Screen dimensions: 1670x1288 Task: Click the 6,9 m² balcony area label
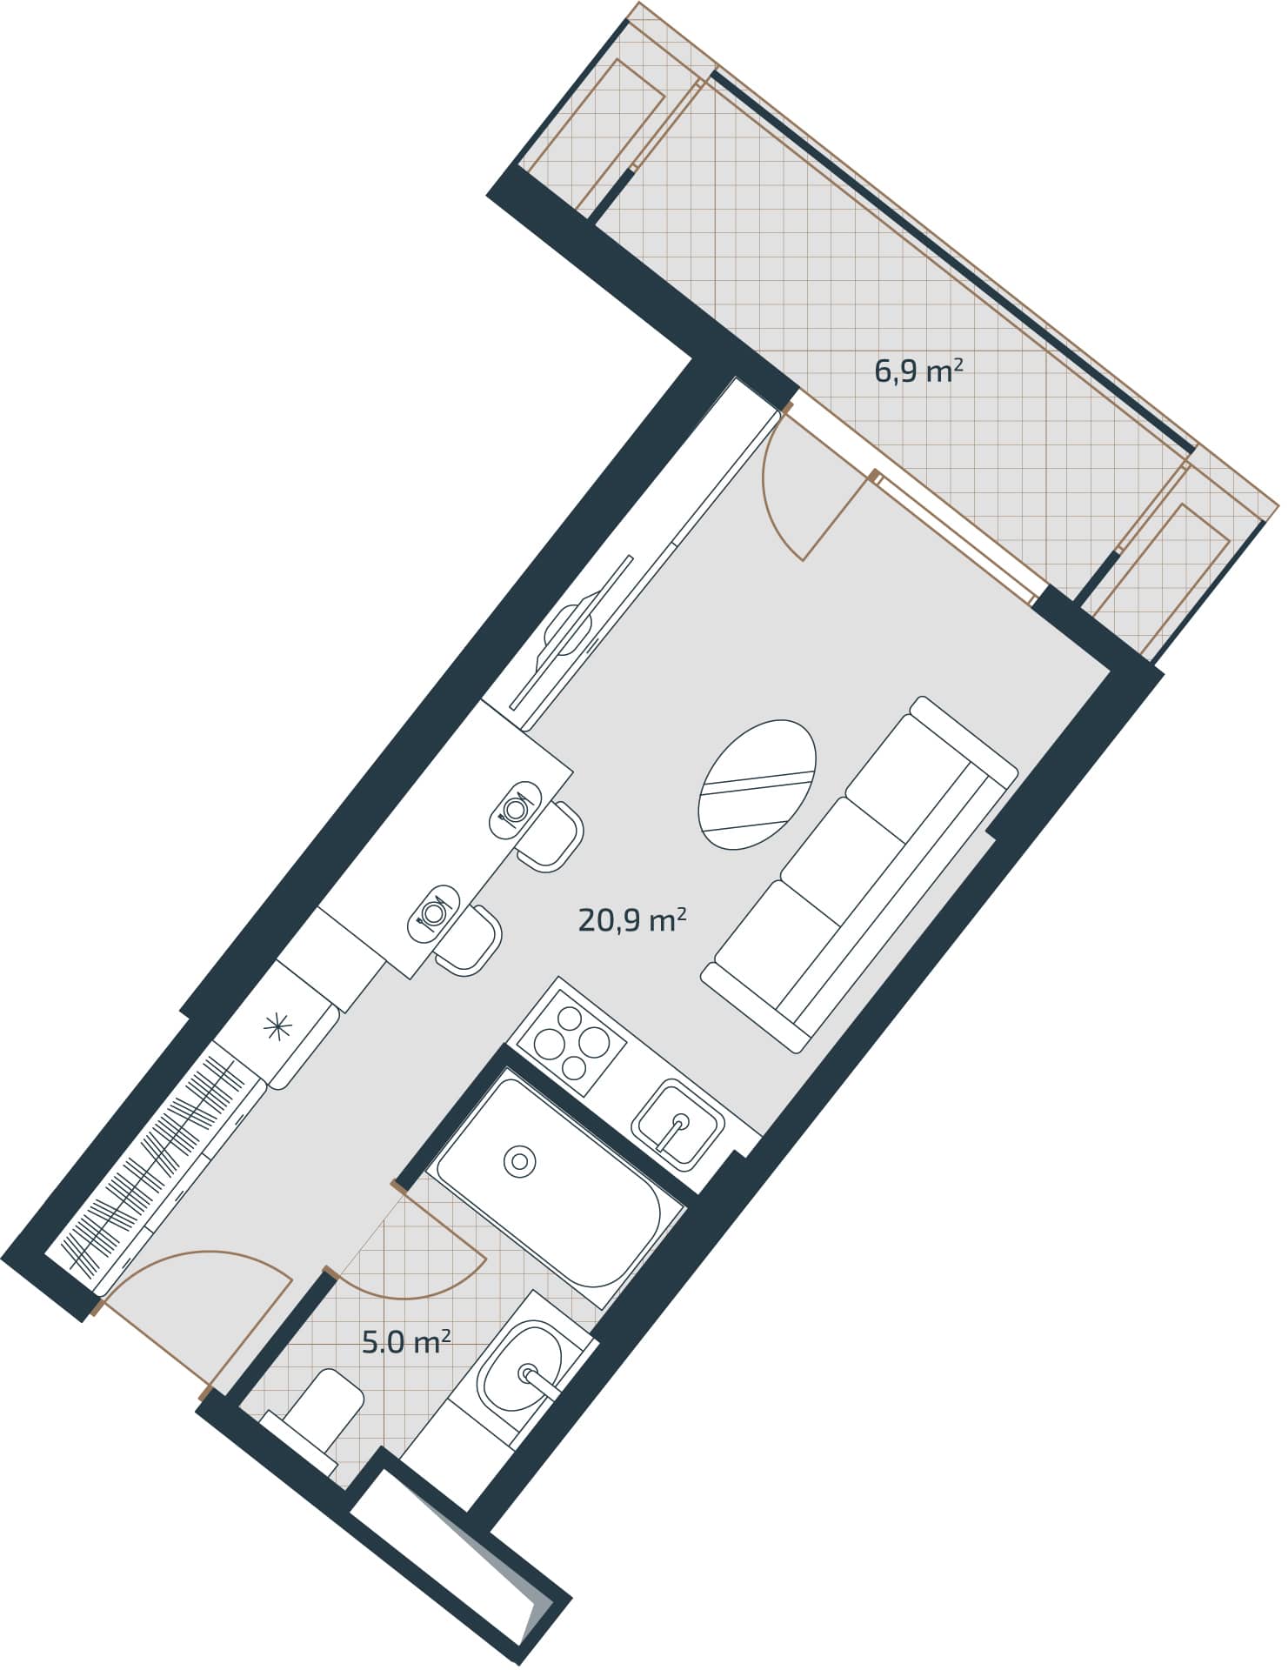918,372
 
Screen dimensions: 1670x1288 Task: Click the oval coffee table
758,785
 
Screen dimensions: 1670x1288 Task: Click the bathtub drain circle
519,1160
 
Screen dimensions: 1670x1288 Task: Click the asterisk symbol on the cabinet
279,1029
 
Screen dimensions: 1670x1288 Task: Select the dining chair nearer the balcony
550,835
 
